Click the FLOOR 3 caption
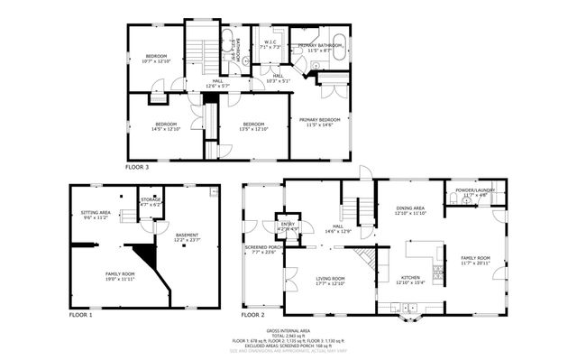[137, 167]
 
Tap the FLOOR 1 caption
[82, 316]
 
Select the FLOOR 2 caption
[252, 316]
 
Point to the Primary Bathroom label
[319, 47]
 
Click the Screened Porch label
[261, 249]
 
